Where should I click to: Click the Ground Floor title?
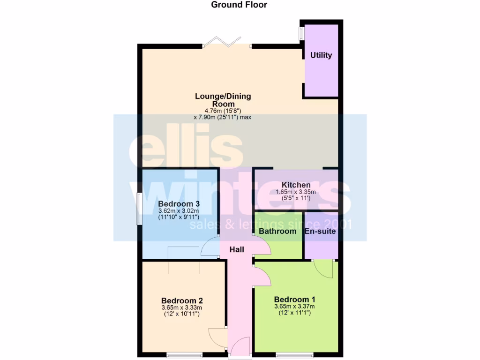(x=239, y=5)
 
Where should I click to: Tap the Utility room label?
(x=321, y=55)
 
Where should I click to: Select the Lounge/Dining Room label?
(x=223, y=100)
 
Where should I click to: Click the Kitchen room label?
(x=296, y=185)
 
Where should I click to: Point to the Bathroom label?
(x=277, y=231)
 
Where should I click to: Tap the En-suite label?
(x=321, y=231)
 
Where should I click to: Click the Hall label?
(x=237, y=250)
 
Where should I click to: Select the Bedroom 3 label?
(x=179, y=204)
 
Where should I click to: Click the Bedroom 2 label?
(x=182, y=300)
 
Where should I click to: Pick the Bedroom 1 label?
(x=295, y=300)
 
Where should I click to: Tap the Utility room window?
(x=301, y=33)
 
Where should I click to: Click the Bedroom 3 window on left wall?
(x=139, y=208)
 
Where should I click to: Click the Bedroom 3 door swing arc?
(x=210, y=247)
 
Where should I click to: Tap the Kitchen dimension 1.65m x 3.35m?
(x=296, y=192)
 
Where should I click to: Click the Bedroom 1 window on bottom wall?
(x=294, y=355)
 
